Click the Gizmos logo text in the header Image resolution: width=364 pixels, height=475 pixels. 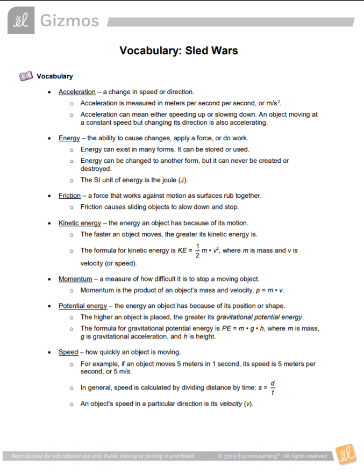69,21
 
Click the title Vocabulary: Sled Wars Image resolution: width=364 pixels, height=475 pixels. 179,51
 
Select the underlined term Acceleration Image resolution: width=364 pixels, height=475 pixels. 77,92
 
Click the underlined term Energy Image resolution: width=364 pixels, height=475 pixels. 69,138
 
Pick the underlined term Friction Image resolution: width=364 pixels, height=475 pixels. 69,196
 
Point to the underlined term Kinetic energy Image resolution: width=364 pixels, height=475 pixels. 80,222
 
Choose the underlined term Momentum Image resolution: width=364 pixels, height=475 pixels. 75,279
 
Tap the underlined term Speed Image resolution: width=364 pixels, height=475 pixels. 68,352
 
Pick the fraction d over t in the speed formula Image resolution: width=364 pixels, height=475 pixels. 273,387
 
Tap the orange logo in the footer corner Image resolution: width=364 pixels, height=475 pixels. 345,455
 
